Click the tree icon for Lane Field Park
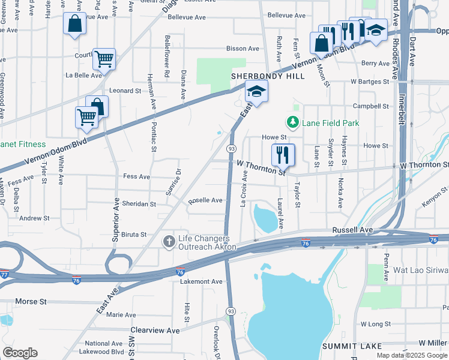coord(293,123)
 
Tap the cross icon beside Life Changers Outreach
coord(169,241)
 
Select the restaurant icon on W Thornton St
coord(283,155)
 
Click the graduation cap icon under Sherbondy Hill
coord(256,92)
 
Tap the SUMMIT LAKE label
coord(348,346)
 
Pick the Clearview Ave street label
coord(155,330)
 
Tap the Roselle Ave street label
coord(206,201)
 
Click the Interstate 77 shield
coord(4,273)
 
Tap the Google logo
coord(20,353)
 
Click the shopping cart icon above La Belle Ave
coord(104,59)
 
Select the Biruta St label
coord(134,235)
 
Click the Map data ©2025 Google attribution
coord(412,355)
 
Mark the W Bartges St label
coord(371,80)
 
